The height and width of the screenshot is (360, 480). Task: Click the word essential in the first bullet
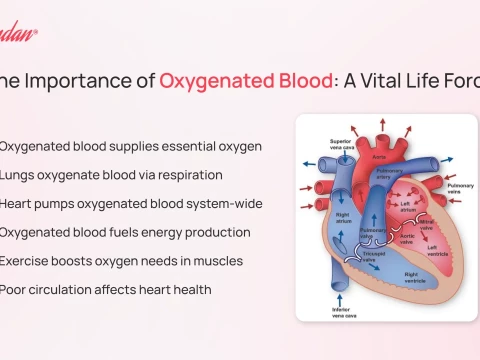[x=189, y=146]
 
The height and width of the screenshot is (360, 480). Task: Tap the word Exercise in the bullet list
[x=27, y=262]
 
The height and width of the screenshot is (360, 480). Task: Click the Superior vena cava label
[x=341, y=145]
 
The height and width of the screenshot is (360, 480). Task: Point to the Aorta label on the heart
[x=378, y=158]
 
